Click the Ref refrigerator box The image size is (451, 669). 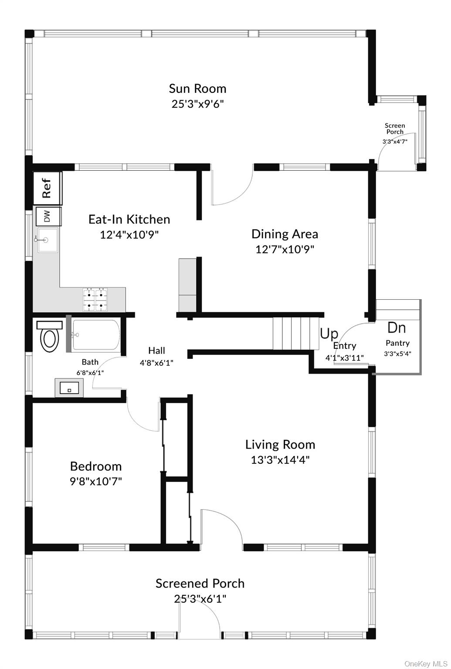point(47,188)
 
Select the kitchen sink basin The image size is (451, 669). point(47,240)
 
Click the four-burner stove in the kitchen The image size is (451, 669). point(95,300)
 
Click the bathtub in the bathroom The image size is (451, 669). point(95,335)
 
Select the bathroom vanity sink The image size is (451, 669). point(69,388)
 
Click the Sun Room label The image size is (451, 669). point(197,88)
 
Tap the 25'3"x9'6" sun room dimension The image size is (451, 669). point(198,104)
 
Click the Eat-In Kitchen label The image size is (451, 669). point(129,219)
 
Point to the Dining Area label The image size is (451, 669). point(285,234)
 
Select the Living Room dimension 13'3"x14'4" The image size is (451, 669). point(280,460)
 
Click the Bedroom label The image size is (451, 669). point(96,466)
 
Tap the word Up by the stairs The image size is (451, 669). point(329,334)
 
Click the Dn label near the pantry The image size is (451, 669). point(397,328)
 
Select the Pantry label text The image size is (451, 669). point(397,343)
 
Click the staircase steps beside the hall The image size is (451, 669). point(293,333)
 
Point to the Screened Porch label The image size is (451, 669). point(200,584)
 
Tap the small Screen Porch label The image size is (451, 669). point(395,128)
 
